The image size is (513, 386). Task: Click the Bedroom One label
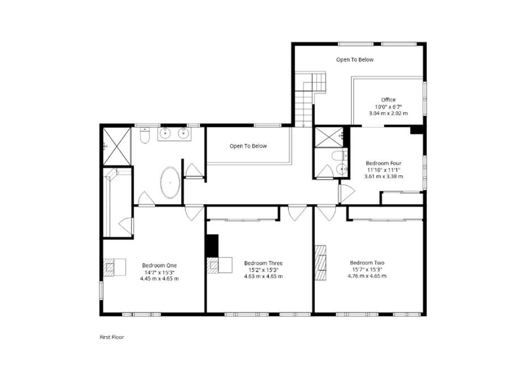[x=159, y=265]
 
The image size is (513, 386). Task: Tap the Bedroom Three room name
[x=263, y=263]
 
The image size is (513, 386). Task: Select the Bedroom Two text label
[x=367, y=263]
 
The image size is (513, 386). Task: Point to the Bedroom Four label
[x=384, y=163]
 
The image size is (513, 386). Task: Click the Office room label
[x=389, y=100]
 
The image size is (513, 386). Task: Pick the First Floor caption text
[x=112, y=337]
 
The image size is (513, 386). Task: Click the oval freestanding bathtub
[x=170, y=182]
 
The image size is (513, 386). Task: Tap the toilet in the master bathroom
[x=144, y=135]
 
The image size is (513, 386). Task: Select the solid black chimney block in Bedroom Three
[x=213, y=246]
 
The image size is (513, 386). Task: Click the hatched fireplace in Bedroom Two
[x=321, y=263]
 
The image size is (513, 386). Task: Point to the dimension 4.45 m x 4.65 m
[x=159, y=279]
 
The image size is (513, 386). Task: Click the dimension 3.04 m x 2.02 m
[x=389, y=113]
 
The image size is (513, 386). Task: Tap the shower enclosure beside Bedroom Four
[x=328, y=137]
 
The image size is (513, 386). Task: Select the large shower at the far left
[x=117, y=147]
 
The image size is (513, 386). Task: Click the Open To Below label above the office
[x=355, y=60]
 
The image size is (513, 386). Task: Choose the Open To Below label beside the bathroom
[x=248, y=146]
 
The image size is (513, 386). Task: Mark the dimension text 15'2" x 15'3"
[x=263, y=270]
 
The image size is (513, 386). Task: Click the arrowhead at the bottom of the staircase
[x=303, y=125]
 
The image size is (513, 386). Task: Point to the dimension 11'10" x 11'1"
[x=384, y=170]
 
